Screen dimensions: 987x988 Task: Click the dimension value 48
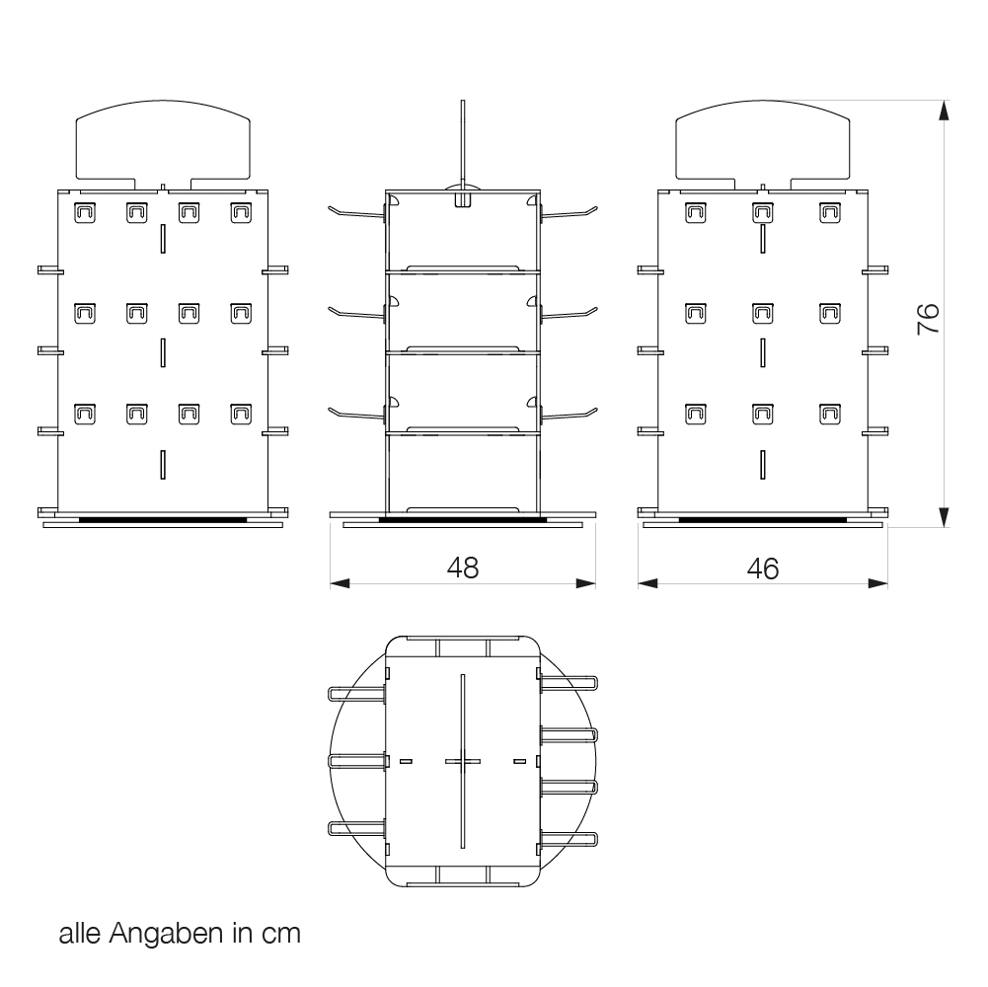(x=463, y=568)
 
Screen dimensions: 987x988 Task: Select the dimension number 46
(x=762, y=568)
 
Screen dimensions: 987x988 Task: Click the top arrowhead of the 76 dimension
(x=944, y=110)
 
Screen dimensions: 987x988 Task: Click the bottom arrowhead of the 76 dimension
(x=944, y=516)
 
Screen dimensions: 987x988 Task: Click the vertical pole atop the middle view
(x=462, y=143)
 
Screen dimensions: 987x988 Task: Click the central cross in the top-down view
(x=462, y=760)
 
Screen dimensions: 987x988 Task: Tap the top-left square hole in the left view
(x=84, y=211)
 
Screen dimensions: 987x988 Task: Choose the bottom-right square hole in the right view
(x=831, y=415)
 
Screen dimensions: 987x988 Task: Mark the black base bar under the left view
(x=164, y=517)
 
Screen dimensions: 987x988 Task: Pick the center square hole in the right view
(x=763, y=313)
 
